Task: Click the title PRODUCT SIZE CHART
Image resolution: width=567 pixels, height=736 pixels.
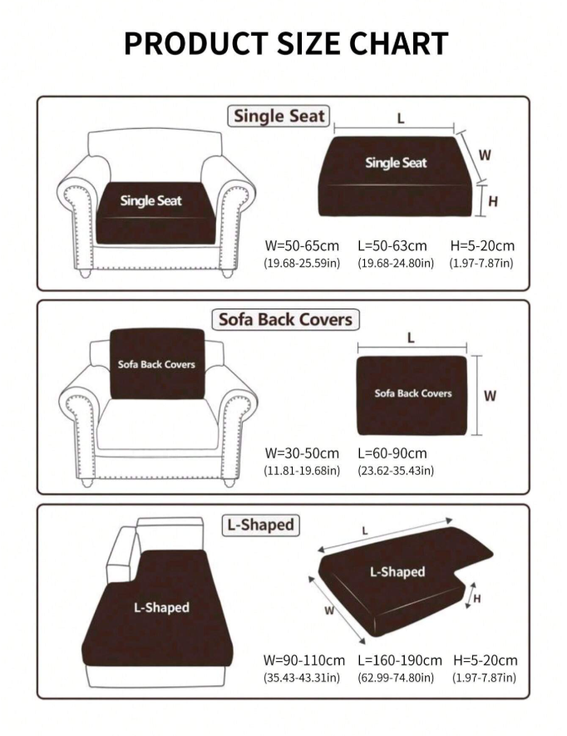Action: click(x=286, y=43)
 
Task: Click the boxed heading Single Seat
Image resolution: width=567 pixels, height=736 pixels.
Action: click(x=279, y=116)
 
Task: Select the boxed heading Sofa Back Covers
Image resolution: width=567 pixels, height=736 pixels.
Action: click(x=285, y=319)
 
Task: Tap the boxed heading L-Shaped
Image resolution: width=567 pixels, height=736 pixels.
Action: click(x=260, y=525)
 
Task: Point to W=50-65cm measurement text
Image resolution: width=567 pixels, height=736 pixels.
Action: click(x=302, y=245)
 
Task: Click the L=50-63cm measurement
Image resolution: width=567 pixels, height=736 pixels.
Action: click(x=392, y=245)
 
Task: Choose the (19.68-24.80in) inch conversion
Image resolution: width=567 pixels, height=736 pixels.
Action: click(x=396, y=263)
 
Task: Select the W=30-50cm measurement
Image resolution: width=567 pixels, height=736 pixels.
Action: click(x=302, y=453)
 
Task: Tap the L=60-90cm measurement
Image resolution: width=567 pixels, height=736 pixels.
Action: click(x=392, y=453)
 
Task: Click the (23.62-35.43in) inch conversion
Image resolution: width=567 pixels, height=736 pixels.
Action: click(x=396, y=471)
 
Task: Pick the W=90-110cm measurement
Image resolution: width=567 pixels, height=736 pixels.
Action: click(x=304, y=660)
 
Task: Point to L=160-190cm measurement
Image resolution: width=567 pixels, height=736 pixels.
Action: click(x=400, y=660)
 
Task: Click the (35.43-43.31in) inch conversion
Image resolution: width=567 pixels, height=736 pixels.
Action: click(x=302, y=678)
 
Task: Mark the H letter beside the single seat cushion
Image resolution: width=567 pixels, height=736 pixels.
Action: click(x=493, y=202)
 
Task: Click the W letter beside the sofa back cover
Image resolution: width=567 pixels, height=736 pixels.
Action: click(x=490, y=396)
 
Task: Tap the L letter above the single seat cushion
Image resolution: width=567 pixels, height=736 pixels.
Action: click(x=401, y=118)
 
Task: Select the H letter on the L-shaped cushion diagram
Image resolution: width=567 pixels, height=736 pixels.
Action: click(x=477, y=599)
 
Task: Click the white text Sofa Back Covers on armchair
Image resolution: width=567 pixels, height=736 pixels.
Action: click(x=156, y=364)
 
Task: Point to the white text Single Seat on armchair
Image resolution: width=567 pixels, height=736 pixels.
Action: click(x=150, y=201)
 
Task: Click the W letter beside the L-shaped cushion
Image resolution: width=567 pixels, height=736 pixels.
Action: click(x=329, y=610)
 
